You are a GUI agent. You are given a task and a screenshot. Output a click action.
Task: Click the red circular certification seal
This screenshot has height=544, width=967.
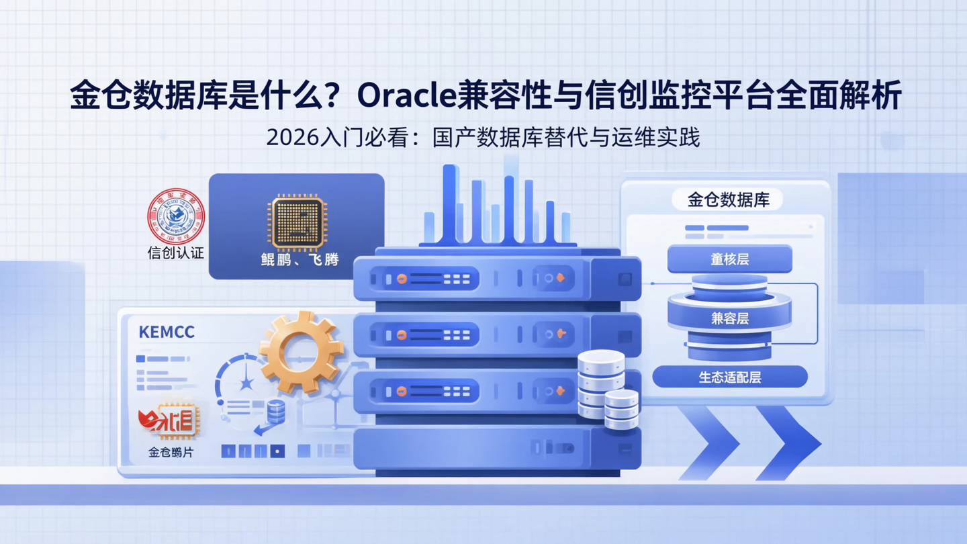175,216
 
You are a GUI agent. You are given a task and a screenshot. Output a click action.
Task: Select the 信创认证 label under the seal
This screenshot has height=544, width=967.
175,254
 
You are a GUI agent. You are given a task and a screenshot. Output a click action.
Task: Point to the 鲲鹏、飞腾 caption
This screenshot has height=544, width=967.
300,259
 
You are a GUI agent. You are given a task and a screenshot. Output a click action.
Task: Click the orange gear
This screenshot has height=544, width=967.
302,351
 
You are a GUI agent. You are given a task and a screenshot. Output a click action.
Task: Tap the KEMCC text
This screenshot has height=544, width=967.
166,332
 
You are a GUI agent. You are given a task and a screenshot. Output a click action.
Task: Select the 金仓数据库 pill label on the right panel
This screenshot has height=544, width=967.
728,199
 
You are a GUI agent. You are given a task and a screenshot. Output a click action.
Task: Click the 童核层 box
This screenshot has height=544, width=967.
729,259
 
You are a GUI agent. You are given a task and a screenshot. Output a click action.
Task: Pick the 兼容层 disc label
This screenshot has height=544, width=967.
729,318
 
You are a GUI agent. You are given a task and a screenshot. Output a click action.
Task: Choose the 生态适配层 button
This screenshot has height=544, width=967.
729,377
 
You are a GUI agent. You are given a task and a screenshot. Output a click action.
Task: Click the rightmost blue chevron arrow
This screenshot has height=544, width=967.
789,443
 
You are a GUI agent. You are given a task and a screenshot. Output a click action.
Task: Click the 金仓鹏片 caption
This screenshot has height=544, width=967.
171,453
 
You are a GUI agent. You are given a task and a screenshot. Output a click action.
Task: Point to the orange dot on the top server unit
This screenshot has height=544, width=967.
402,278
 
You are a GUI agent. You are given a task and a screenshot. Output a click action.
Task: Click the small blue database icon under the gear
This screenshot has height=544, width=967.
275,410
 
